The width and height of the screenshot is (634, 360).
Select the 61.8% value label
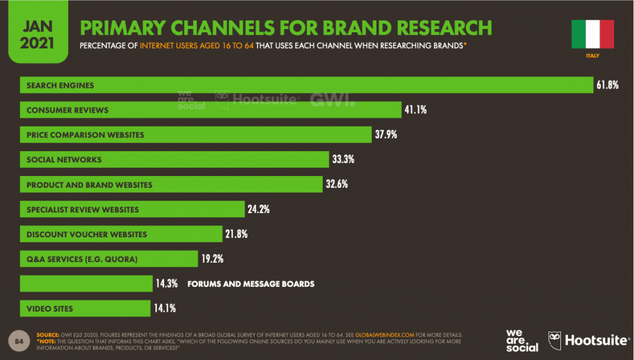point(607,86)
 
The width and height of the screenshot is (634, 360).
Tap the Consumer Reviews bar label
point(67,110)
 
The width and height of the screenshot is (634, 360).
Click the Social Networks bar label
point(64,160)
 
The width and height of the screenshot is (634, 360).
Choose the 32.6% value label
point(339,185)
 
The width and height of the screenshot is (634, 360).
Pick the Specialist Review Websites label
point(83,209)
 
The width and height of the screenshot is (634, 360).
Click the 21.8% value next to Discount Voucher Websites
point(237,234)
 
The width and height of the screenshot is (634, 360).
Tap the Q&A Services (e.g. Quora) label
point(82,259)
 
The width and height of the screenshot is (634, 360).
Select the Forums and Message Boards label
point(251,284)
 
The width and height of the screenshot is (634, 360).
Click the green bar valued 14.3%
point(86,284)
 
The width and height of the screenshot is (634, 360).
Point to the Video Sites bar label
point(50,309)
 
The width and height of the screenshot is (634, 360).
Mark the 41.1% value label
point(415,110)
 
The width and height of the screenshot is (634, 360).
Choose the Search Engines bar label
point(60,86)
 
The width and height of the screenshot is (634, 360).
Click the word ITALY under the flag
point(592,56)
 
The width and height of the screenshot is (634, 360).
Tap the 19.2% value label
point(211,259)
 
